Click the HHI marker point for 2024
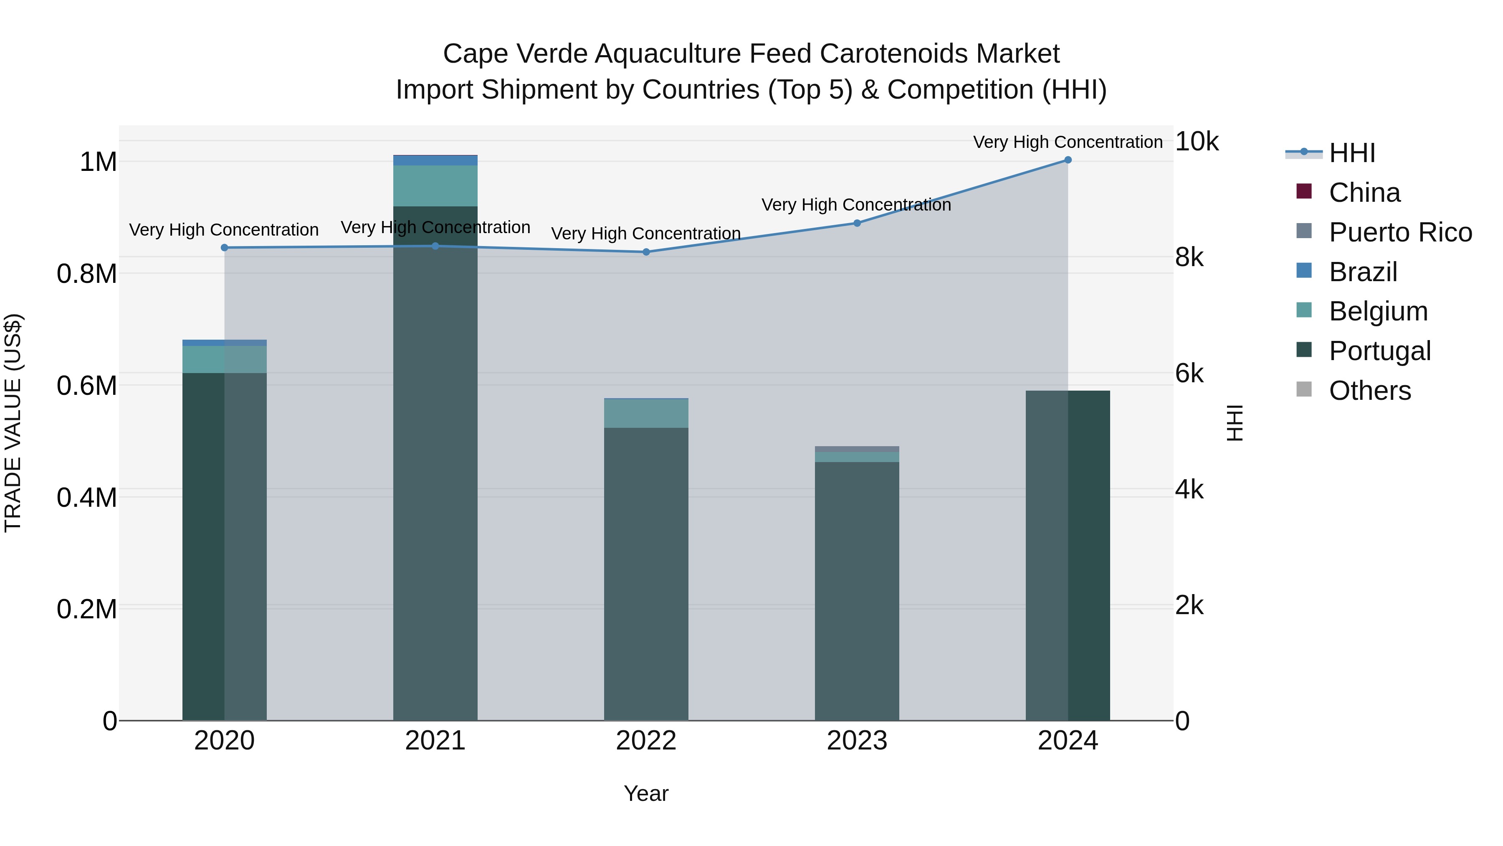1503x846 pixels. pos(1068,160)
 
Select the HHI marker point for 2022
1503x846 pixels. pos(646,252)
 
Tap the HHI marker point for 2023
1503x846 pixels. pos(857,223)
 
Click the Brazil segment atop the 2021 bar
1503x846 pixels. pos(435,160)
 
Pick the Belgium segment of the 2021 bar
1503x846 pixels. pos(435,185)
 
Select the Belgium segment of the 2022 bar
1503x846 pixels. pos(646,413)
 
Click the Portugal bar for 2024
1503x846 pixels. pos(1068,555)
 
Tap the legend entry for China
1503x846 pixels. pos(1364,193)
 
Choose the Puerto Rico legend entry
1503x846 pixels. pos(1400,232)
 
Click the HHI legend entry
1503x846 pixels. pos(1351,153)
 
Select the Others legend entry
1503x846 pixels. pos(1369,391)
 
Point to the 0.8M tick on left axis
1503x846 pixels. pos(87,274)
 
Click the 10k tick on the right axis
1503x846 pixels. pos(1196,142)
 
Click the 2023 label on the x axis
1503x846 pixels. pos(857,741)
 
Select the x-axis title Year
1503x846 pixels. pos(646,793)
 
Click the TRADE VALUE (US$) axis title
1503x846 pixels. pos(13,423)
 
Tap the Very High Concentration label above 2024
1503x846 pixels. pos(1067,142)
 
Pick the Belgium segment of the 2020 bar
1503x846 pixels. pos(225,359)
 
